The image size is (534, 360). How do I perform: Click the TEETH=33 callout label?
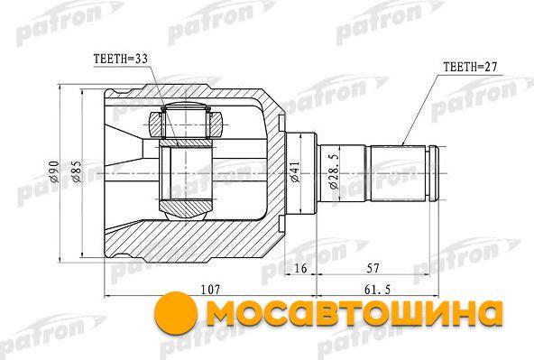[121, 59]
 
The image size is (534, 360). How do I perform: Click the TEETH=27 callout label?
[470, 67]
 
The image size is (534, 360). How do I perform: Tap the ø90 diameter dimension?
[54, 171]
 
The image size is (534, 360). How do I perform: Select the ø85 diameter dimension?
[76, 171]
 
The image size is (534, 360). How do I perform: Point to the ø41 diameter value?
[295, 172]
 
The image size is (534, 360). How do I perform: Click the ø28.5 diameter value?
[334, 171]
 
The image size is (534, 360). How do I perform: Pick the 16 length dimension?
[300, 268]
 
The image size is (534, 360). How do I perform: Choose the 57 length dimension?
[373, 268]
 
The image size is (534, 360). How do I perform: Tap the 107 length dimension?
[210, 290]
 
